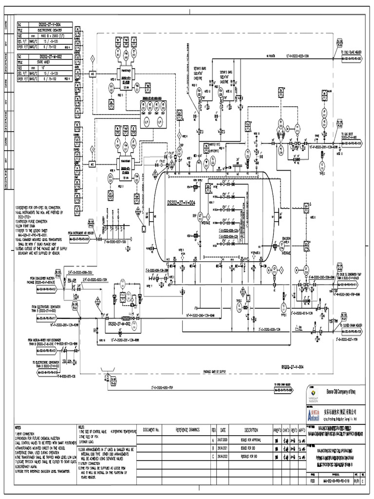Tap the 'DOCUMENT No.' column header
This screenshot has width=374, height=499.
pyautogui.click(x=151, y=430)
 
